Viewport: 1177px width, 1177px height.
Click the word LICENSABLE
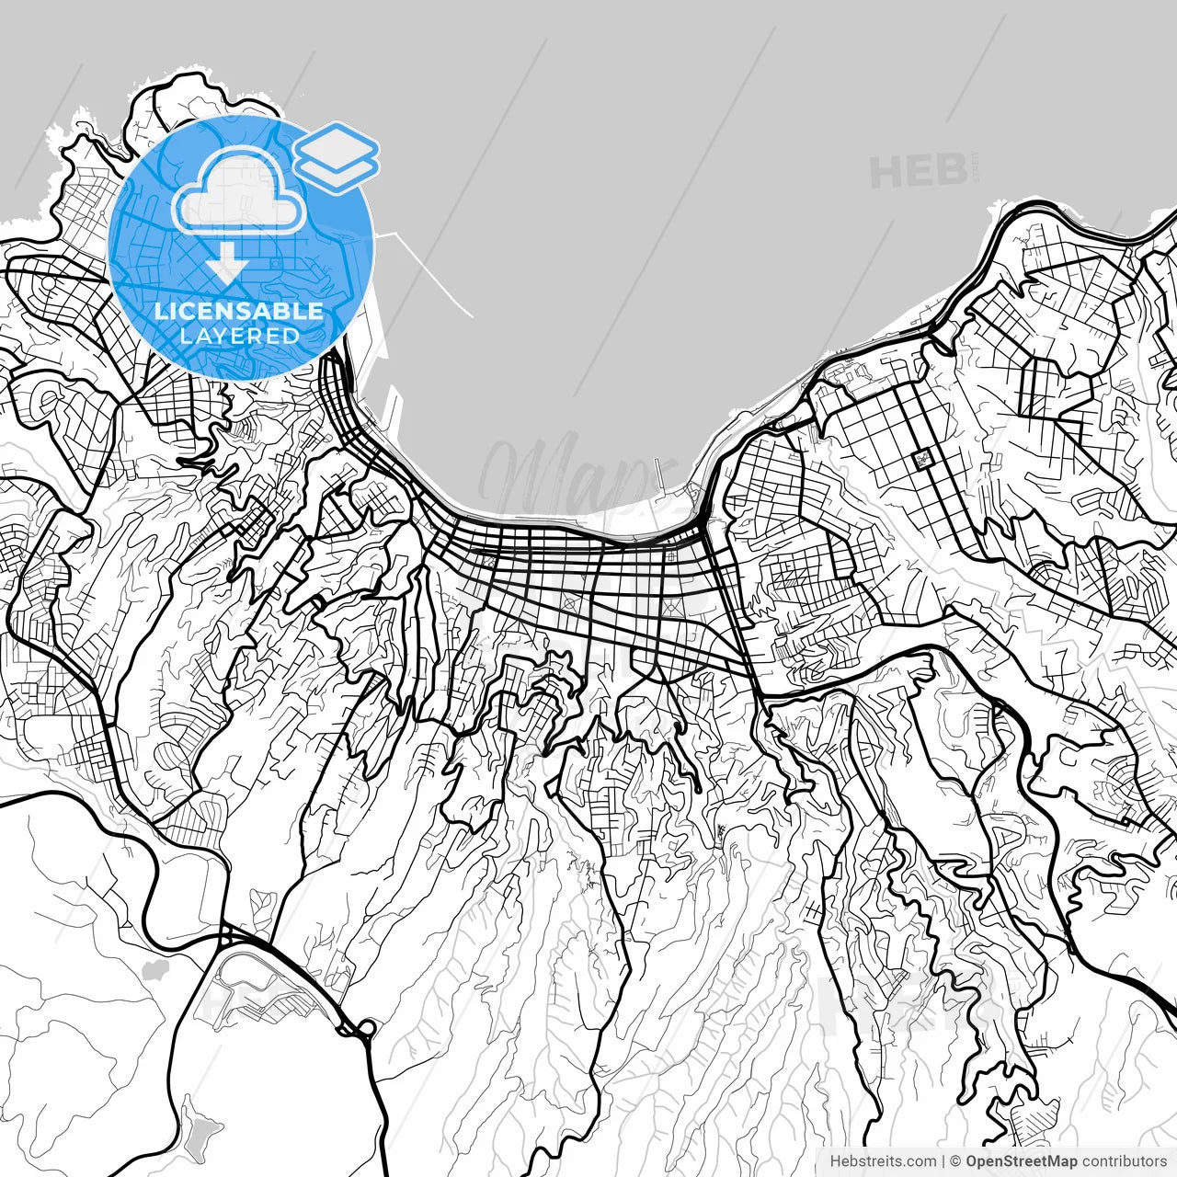click(239, 312)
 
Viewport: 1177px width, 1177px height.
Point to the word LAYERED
click(239, 336)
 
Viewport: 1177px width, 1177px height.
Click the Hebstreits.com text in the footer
click(884, 1161)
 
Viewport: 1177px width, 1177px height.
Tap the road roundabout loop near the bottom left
click(366, 1027)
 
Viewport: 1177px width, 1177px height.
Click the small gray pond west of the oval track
click(155, 970)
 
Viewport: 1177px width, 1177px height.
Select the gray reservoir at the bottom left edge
click(199, 1126)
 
